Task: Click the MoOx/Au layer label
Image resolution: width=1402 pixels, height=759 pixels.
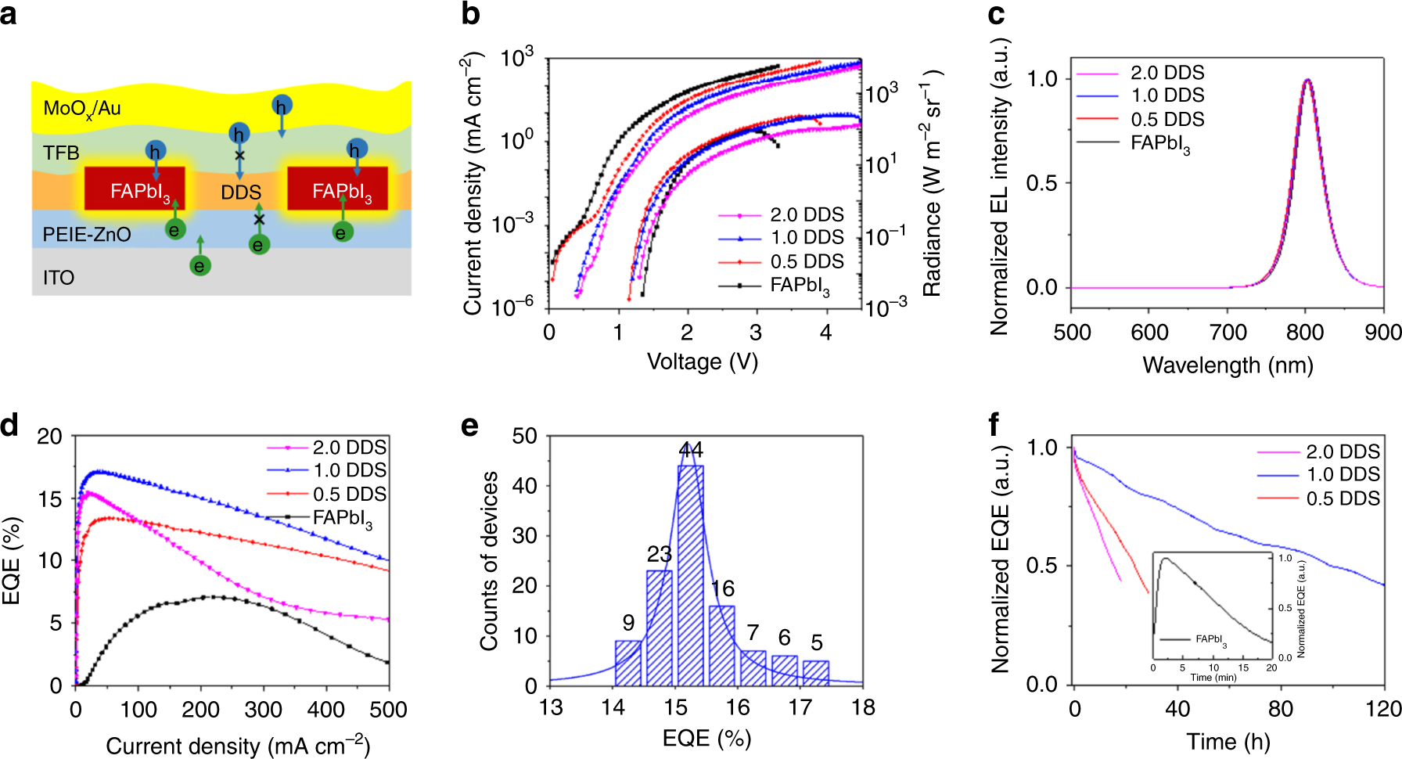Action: pos(81,108)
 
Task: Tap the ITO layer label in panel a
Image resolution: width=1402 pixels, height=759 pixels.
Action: pos(59,278)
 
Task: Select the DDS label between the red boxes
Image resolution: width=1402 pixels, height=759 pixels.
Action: pos(240,192)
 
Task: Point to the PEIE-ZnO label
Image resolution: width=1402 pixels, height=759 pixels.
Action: pos(86,235)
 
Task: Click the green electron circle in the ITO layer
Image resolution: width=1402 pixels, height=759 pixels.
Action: pos(200,266)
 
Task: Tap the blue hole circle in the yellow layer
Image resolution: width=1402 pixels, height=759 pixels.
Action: pos(282,105)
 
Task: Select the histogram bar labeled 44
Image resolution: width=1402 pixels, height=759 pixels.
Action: pos(690,575)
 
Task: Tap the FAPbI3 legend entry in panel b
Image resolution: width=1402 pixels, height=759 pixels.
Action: pos(798,286)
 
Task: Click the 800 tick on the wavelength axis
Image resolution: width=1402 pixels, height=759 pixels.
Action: pos(1304,333)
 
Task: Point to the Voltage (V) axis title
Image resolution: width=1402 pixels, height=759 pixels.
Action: pos(703,362)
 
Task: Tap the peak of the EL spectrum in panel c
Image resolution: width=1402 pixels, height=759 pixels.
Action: pos(1307,80)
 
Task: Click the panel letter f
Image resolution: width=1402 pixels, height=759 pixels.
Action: pos(994,425)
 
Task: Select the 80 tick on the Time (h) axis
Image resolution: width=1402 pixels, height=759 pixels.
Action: pos(1280,709)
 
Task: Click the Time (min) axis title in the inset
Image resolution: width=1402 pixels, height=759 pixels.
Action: pos(1213,678)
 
